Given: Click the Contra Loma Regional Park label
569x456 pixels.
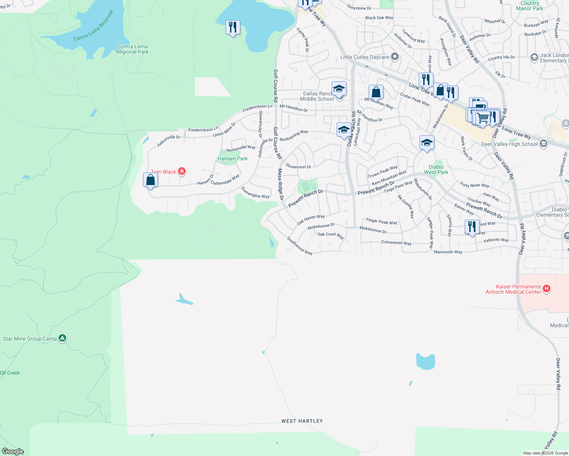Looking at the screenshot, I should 132,49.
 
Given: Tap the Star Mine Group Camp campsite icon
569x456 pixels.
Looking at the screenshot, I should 62,338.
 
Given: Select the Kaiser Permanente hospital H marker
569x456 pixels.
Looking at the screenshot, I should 547,289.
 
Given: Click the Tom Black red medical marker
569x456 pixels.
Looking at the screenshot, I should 182,171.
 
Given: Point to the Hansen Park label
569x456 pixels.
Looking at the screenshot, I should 232,159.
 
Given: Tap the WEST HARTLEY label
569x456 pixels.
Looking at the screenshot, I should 302,421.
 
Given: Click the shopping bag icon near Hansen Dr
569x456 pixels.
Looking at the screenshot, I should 151,179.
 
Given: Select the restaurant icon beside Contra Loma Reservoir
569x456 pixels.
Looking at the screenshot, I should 233,27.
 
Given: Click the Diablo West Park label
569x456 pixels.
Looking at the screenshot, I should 436,169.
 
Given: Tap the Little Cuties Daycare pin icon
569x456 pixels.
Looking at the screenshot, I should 395,57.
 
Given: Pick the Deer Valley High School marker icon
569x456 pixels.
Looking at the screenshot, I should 543,143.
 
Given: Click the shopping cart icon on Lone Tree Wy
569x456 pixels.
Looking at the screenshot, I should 483,117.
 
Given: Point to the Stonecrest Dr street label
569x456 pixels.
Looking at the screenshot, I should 298,166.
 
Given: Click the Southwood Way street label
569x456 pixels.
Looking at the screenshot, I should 299,246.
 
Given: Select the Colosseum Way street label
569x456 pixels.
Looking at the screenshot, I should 396,243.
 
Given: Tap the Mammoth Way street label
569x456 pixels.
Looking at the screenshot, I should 448,252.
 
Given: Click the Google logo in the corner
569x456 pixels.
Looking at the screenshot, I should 13,451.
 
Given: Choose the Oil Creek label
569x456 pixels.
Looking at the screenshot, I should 10,373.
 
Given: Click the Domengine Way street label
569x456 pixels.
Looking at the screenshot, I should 255,193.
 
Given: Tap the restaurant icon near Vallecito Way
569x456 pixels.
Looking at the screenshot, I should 472,227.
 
